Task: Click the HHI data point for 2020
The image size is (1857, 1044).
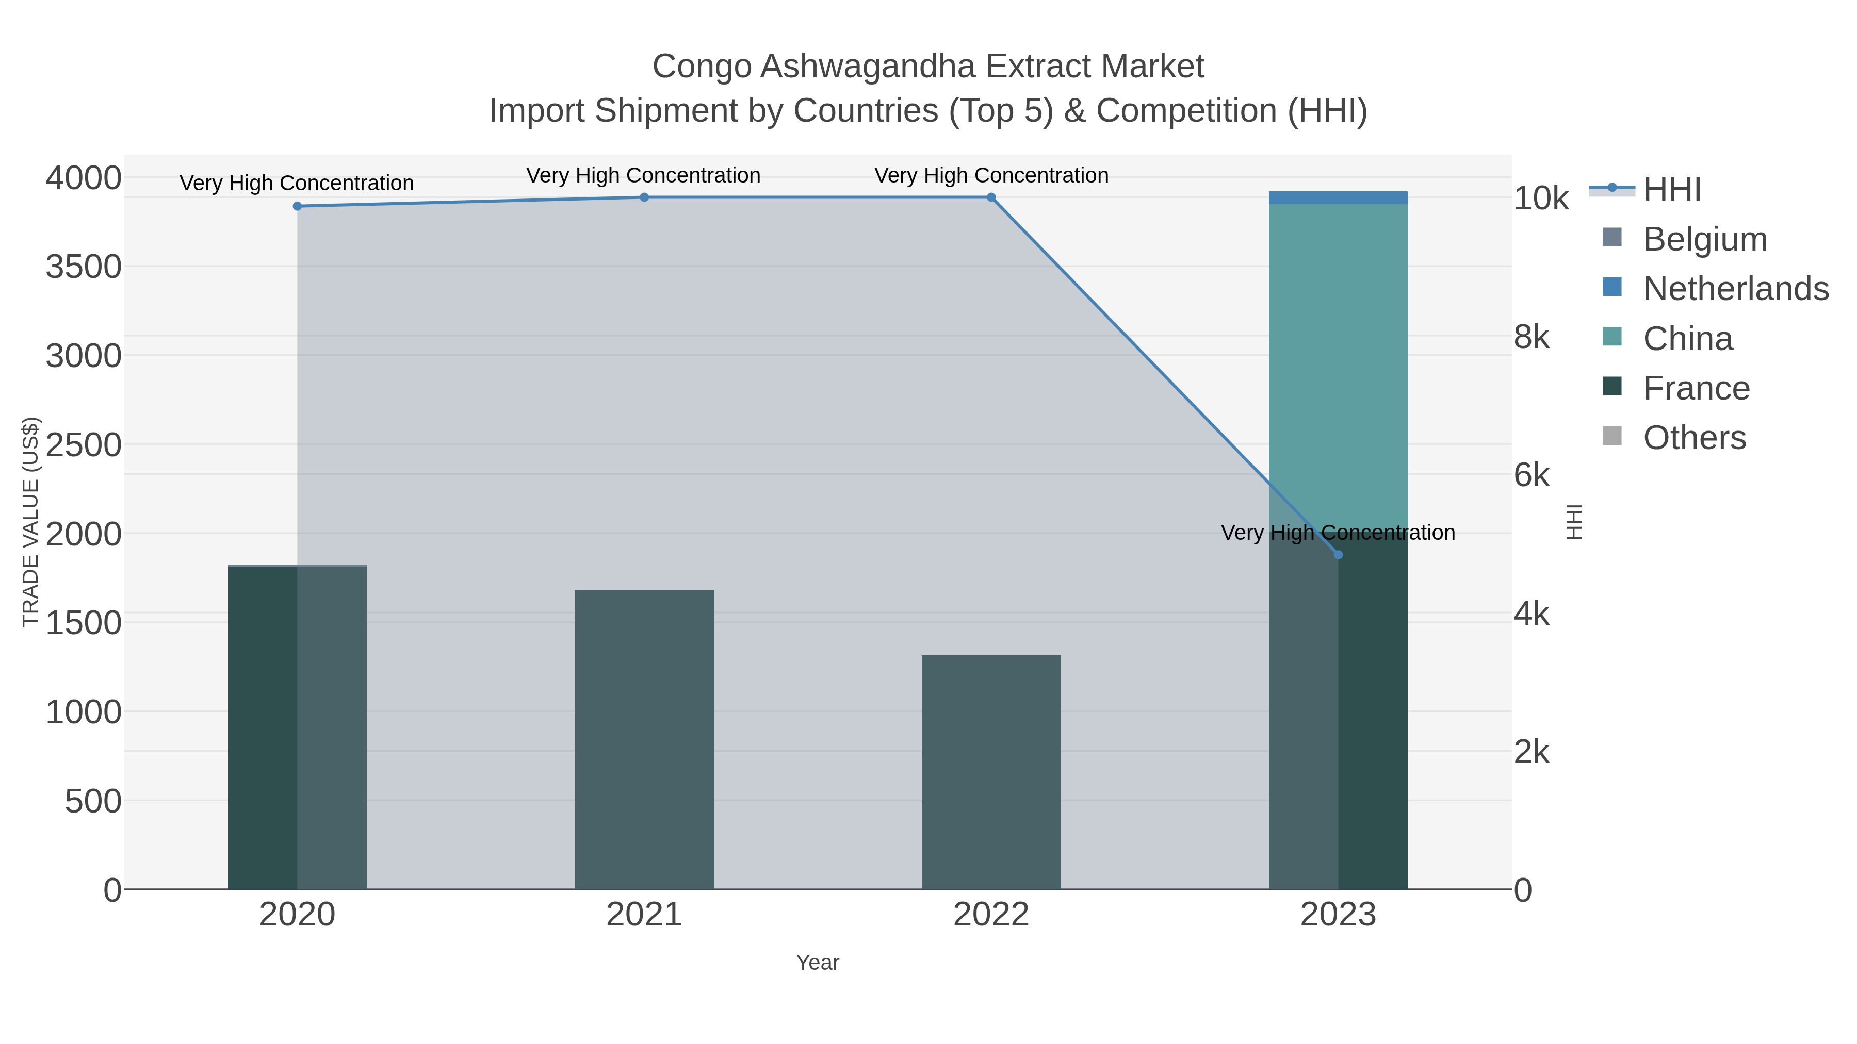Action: click(297, 206)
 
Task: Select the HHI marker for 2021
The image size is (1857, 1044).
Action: click(644, 197)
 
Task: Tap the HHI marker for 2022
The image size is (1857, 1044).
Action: click(991, 197)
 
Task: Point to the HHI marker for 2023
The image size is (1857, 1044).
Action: click(1338, 555)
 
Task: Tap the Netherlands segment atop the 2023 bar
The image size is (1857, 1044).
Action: click(1338, 197)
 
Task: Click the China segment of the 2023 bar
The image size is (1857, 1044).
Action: click(1338, 360)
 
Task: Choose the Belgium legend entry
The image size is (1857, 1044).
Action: click(1704, 239)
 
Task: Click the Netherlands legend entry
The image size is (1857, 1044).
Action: click(1735, 289)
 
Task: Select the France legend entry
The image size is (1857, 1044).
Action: click(1696, 388)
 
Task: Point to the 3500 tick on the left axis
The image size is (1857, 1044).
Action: click(84, 267)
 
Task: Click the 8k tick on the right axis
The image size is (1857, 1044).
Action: click(1531, 337)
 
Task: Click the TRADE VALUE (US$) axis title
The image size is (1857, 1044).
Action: click(31, 522)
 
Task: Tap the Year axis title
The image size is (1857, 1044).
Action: click(818, 963)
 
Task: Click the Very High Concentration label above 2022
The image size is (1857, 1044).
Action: click(991, 175)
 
